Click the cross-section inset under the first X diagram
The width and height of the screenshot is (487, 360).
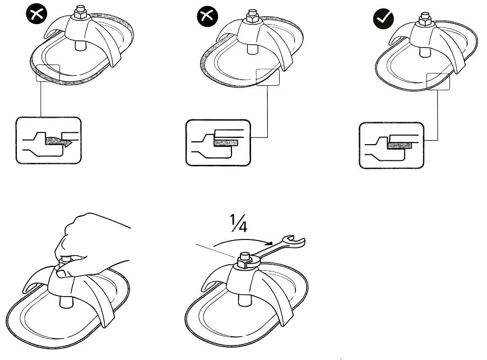48,140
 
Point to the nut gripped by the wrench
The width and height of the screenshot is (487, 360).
243,260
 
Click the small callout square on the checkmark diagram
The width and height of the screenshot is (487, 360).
438,81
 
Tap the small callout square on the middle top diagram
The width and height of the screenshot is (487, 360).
267,76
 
